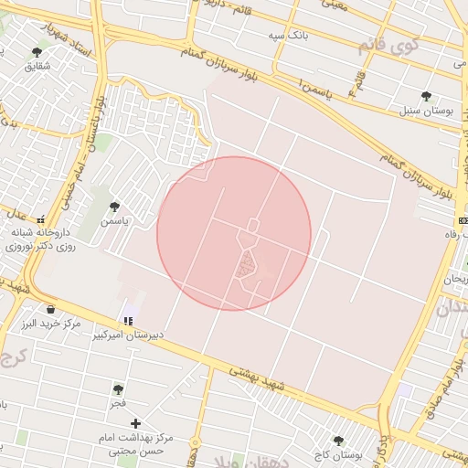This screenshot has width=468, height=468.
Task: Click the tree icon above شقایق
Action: pos(37,52)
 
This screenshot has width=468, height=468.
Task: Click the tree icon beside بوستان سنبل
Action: pos(426,96)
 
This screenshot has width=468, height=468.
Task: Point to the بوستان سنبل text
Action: pos(425,111)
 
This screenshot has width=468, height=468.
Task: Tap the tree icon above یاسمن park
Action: pos(114,207)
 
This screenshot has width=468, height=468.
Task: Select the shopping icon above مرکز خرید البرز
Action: pos(49,308)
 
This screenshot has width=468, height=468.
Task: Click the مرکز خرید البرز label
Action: pos(51,324)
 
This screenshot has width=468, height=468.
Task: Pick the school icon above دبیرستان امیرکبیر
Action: pos(129,321)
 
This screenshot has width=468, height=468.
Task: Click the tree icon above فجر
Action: pos(118,388)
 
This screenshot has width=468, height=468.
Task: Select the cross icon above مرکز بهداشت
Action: pos(135,423)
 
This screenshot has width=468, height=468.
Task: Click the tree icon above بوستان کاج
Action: pos(338,441)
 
